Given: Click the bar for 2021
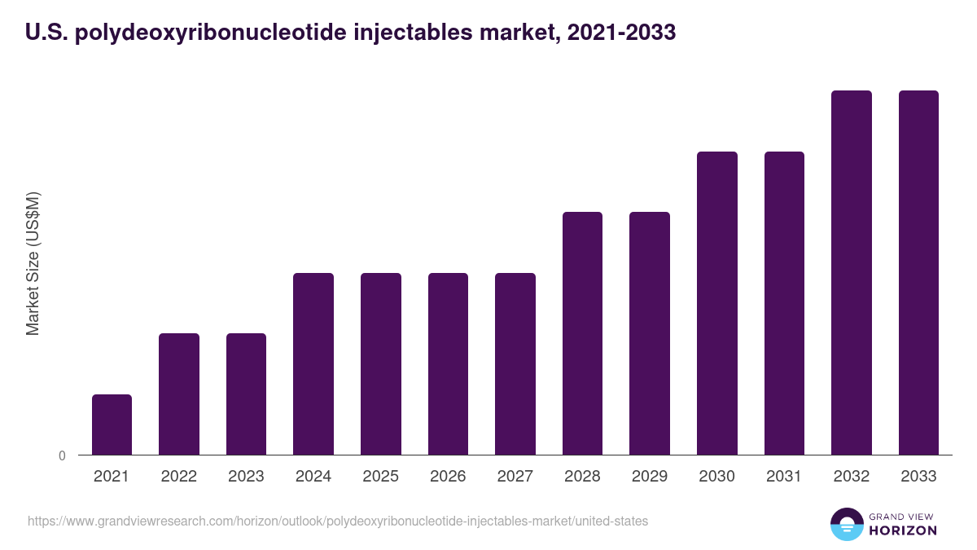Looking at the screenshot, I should pyautogui.click(x=112, y=425).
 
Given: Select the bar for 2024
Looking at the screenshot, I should pyautogui.click(x=313, y=363).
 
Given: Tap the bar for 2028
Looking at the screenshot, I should pyautogui.click(x=582, y=333).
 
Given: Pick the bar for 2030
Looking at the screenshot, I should pyautogui.click(x=717, y=303).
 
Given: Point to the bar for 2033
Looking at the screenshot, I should pyautogui.click(x=918, y=272).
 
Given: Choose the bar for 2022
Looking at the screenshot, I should pyautogui.click(x=179, y=394).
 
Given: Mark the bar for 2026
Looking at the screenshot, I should pyautogui.click(x=448, y=363).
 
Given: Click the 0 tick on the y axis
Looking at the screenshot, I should pyautogui.click(x=62, y=455).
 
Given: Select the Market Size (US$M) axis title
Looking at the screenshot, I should pyautogui.click(x=33, y=263).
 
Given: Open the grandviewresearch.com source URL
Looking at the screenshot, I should pyautogui.click(x=338, y=521).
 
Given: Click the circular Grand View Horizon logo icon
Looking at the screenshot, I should pyautogui.click(x=846, y=524).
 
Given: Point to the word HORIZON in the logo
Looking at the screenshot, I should pyautogui.click(x=903, y=530).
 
